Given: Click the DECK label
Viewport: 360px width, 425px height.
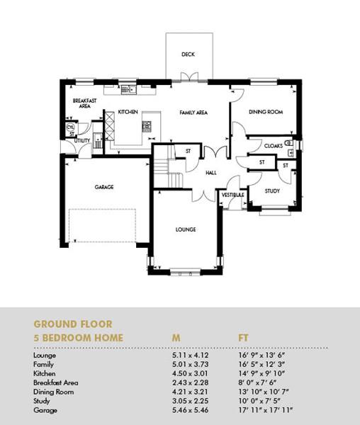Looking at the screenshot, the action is pyautogui.click(x=188, y=55).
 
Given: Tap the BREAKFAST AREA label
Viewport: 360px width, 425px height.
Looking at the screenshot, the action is pyautogui.click(x=84, y=103).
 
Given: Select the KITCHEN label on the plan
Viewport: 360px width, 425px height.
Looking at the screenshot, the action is pyautogui.click(x=128, y=112).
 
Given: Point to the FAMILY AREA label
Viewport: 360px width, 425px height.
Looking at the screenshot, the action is pyautogui.click(x=193, y=112).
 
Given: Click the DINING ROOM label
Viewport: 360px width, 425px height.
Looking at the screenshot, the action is pyautogui.click(x=266, y=112).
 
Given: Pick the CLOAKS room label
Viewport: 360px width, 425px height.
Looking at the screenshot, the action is pyautogui.click(x=274, y=146).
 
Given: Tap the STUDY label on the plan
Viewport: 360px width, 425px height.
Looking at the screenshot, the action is pyautogui.click(x=272, y=191).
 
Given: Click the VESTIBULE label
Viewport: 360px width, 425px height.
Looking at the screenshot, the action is pyautogui.click(x=233, y=195).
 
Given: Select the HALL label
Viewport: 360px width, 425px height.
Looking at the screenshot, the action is pyautogui.click(x=211, y=173).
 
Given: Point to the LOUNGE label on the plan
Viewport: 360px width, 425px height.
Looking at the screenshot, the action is pyautogui.click(x=186, y=229).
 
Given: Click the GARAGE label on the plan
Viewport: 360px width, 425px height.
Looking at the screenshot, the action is pyautogui.click(x=104, y=187).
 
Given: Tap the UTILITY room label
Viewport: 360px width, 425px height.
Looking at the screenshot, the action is pyautogui.click(x=82, y=140).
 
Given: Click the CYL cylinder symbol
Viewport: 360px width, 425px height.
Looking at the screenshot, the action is pyautogui.click(x=70, y=127).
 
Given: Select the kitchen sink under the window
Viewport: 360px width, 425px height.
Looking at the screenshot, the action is pyautogui.click(x=128, y=89).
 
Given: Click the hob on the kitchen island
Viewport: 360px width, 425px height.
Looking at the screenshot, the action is pyautogui.click(x=147, y=126).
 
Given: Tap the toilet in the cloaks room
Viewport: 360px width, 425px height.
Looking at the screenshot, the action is pyautogui.click(x=289, y=142).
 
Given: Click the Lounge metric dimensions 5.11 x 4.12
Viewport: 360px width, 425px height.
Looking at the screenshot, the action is pyautogui.click(x=191, y=355).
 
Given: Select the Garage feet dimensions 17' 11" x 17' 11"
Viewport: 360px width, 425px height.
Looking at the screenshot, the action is pyautogui.click(x=266, y=410).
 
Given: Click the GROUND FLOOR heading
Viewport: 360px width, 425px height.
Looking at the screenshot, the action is pyautogui.click(x=73, y=324).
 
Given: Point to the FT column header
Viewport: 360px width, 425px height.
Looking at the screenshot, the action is pyautogui.click(x=243, y=338).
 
